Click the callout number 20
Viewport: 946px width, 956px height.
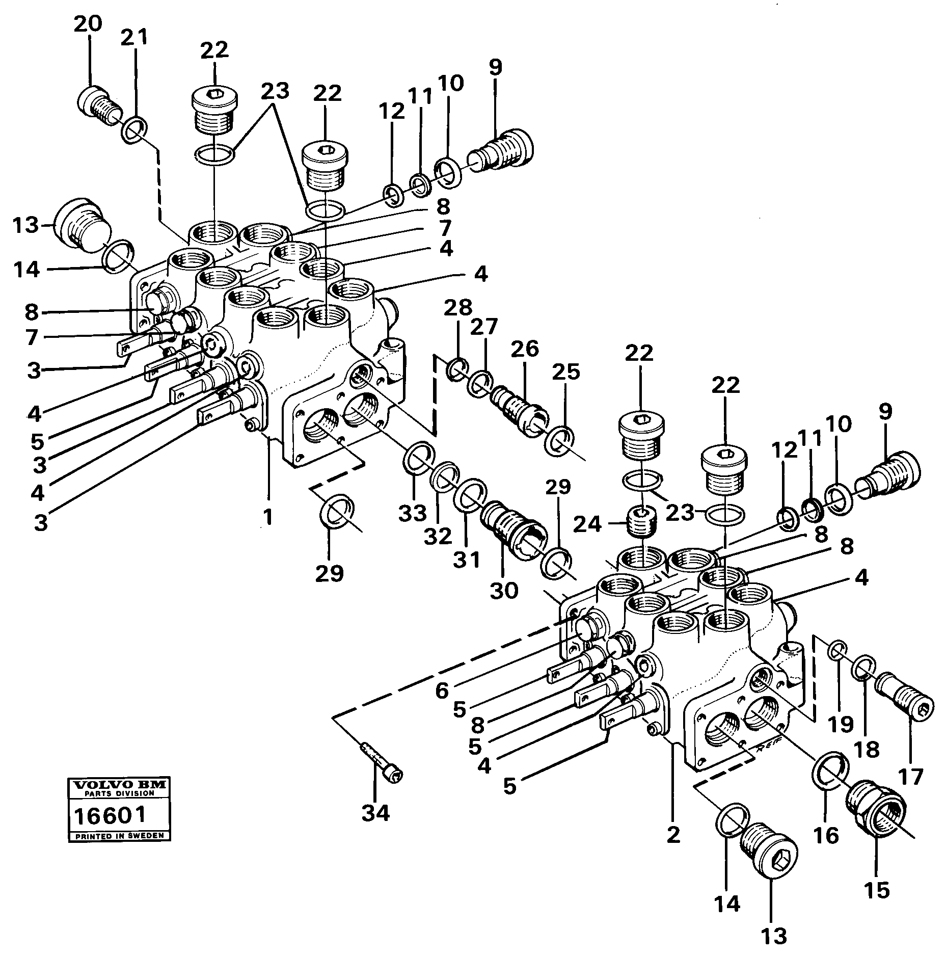88,24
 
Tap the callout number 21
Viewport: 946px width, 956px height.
134,38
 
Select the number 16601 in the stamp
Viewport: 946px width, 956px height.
110,816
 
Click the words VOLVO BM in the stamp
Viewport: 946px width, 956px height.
120,785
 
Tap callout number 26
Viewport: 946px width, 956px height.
525,350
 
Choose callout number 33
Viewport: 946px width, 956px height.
412,513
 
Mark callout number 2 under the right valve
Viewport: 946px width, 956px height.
673,835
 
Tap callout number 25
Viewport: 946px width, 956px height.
566,372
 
